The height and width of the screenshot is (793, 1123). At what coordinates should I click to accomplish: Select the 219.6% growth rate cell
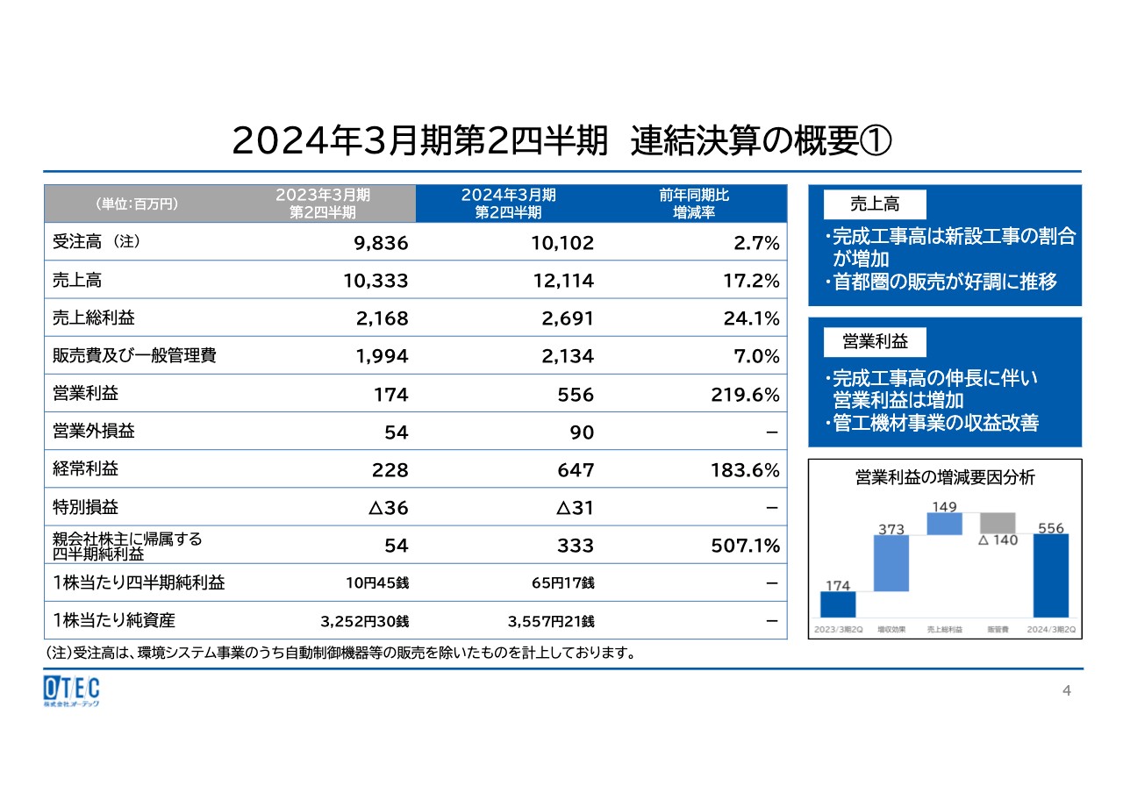(745, 395)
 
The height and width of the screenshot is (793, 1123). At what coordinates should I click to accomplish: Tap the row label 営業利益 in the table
(84, 394)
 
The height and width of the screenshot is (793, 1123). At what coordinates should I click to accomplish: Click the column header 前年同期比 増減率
(693, 204)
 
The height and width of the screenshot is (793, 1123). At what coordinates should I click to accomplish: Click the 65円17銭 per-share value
(551, 582)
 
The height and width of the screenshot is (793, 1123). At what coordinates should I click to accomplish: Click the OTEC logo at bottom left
(71, 690)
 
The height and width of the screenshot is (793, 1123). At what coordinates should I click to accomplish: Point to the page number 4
(1067, 691)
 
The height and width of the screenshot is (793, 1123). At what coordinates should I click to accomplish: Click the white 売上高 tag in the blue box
(874, 204)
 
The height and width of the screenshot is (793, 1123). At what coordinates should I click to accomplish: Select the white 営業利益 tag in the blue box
(874, 340)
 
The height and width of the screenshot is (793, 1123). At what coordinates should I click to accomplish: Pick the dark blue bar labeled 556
(1050, 575)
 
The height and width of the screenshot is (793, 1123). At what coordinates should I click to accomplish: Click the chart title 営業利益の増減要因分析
(945, 478)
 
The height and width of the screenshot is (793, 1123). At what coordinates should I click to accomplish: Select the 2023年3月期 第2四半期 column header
(323, 204)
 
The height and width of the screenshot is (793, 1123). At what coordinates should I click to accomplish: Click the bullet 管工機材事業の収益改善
(935, 423)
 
